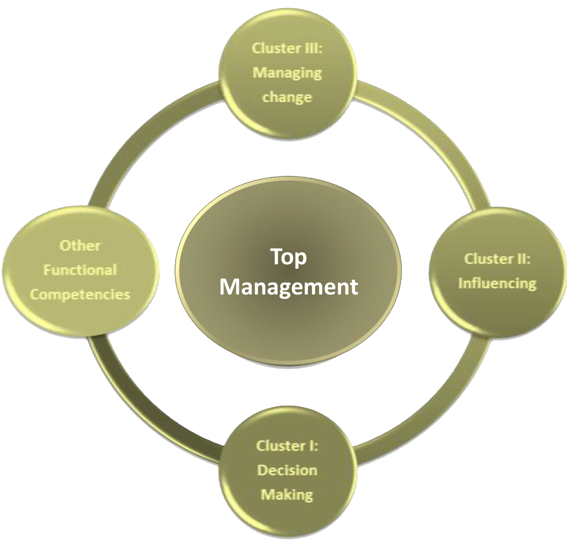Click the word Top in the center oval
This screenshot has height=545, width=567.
pos(289,258)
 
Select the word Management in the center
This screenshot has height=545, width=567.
pos(289,287)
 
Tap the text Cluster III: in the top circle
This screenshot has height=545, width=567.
pos(287,48)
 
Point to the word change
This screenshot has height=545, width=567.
pos(287,97)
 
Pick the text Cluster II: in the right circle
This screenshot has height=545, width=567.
pos(497,259)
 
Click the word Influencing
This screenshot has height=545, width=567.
pos(497,283)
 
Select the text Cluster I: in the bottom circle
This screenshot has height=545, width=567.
pos(287,446)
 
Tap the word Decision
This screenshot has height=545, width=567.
pos(287,470)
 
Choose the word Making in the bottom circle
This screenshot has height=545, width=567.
pos(287,495)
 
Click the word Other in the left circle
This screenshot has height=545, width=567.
pos(80,246)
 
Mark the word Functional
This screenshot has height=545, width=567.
pos(80,270)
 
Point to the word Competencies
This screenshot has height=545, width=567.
pos(80,295)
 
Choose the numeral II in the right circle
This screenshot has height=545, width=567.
pos(521,259)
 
